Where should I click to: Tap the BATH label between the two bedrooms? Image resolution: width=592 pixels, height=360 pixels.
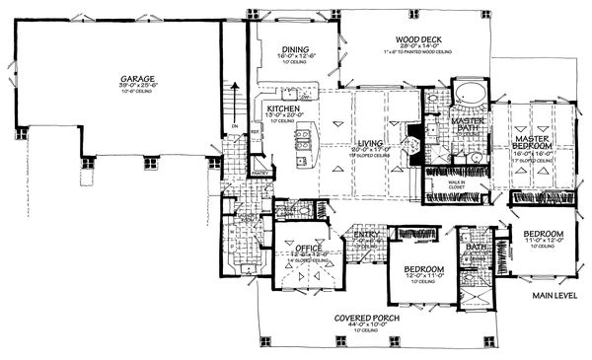tap(477, 248)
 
